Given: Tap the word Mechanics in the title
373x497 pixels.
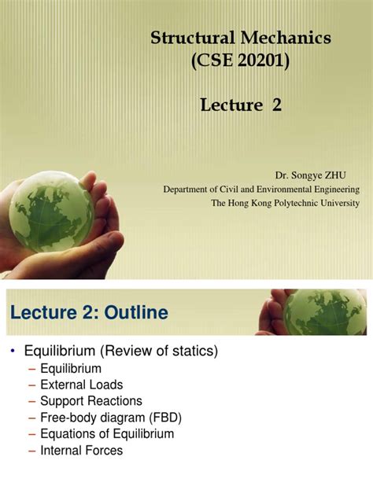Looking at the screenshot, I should point(279,38).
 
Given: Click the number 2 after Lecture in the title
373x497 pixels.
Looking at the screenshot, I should point(276,105).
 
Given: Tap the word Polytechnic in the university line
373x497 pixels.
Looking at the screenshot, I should point(297,203).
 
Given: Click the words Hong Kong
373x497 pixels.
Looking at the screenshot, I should point(249,203).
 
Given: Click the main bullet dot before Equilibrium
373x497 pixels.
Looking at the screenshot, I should point(13,351).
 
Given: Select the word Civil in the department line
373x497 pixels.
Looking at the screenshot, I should point(238,190).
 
